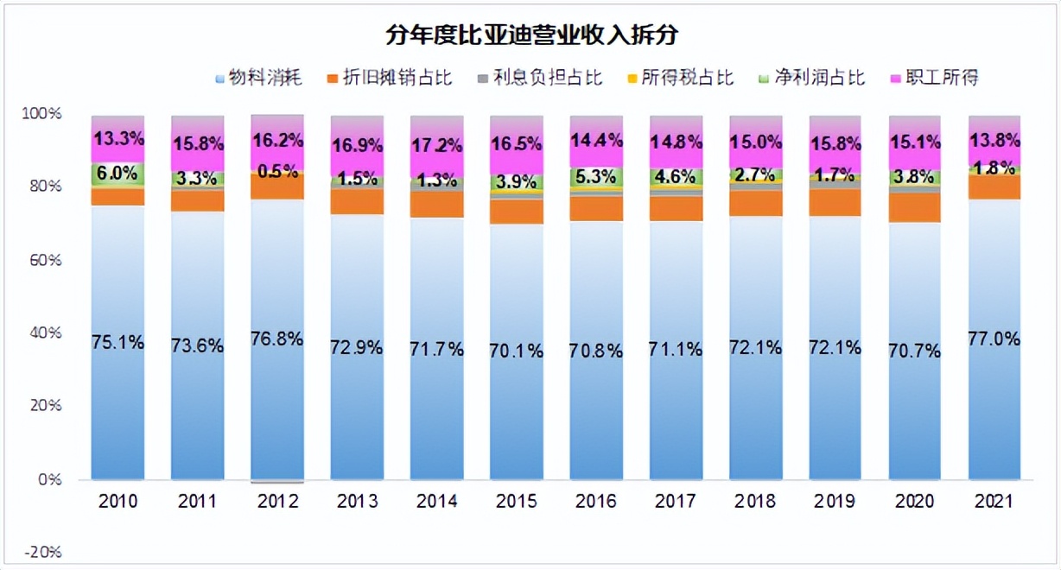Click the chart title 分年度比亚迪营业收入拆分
[530, 35]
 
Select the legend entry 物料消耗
[264, 79]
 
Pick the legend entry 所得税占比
[683, 79]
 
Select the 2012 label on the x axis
[277, 502]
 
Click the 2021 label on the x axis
[994, 502]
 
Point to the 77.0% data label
[994, 339]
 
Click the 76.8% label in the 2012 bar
[277, 339]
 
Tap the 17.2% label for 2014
[437, 144]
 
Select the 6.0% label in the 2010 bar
[117, 173]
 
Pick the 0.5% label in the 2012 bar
[277, 172]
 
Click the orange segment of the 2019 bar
[835, 203]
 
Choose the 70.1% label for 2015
[517, 351]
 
